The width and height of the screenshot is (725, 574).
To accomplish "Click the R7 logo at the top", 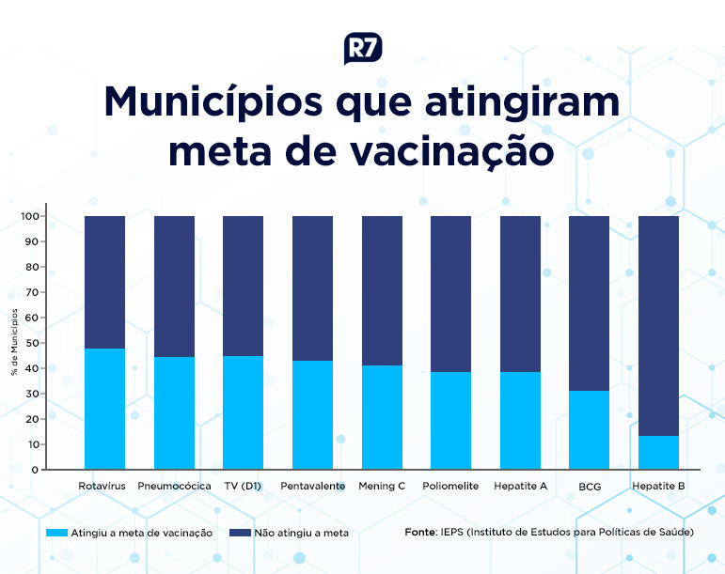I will pos(363,48).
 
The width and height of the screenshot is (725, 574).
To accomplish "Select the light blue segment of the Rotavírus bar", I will pos(104,409).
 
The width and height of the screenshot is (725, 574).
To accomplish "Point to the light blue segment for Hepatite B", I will pos(658,453).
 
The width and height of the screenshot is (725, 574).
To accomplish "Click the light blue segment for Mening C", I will pos(382,417).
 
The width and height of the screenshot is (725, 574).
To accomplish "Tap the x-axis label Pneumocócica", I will pos(174,487).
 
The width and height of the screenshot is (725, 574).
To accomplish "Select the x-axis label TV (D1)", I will pos(243,487).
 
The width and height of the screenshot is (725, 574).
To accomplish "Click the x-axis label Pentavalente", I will pos(312,487).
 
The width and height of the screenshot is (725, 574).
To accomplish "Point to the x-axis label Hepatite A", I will pos(520,487).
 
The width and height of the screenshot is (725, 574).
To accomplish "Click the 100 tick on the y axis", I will pos(29,217).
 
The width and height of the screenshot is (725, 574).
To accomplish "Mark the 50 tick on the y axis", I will pos(31,343).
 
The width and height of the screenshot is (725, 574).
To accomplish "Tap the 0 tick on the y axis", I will pos(35,470).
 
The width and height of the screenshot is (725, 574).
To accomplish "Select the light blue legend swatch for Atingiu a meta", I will pos(58,533).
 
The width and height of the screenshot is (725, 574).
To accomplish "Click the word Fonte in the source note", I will pos(420,532).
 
